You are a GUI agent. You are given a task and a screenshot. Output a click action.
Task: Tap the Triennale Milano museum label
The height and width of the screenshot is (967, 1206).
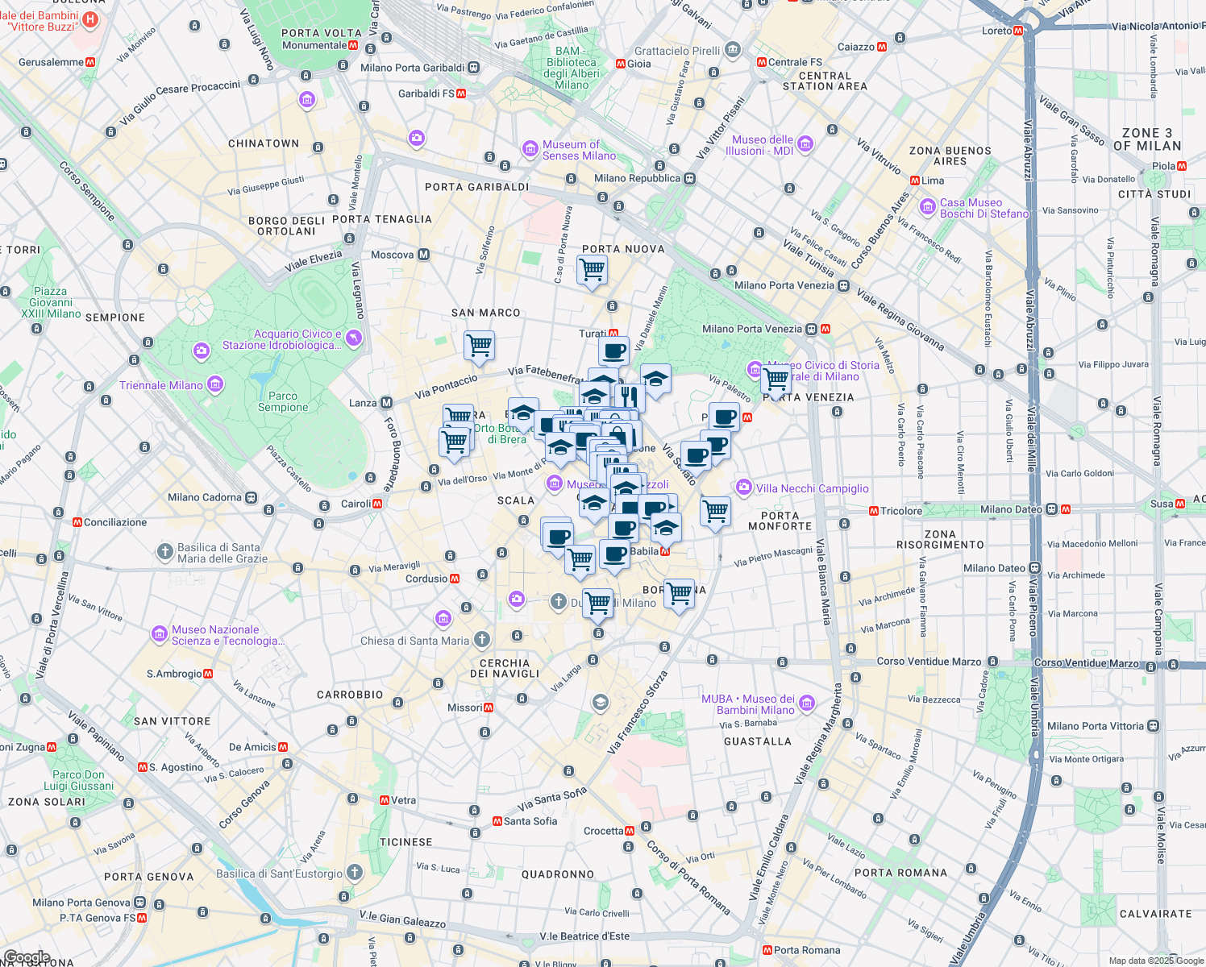161,385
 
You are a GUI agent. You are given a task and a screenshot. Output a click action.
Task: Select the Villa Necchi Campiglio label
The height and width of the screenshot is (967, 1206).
812,488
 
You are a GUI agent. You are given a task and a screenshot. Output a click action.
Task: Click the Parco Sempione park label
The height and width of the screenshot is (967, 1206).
283,401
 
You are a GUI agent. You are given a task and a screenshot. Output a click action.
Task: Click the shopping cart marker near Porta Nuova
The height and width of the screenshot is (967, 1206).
592,269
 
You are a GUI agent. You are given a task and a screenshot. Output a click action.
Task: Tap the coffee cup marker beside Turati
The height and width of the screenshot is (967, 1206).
613,351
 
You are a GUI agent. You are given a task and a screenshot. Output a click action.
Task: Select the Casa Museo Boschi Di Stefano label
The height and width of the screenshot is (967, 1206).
984,208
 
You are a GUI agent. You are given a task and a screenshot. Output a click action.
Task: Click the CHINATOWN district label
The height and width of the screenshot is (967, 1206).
264,143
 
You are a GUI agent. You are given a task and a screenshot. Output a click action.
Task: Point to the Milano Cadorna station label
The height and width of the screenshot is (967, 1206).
205,497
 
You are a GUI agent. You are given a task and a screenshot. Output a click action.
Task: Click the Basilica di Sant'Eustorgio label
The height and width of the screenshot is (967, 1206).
280,874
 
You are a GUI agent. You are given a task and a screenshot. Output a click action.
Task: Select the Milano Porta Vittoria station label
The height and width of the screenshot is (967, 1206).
1095,726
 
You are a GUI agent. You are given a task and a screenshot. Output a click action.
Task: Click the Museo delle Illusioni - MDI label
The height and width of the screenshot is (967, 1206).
762,145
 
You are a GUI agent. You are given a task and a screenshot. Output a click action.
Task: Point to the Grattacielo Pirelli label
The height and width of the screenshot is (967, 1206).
677,51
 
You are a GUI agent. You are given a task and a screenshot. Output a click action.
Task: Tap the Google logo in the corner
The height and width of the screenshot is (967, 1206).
27,957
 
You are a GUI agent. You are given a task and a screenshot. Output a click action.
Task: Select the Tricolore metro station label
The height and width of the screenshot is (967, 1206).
900,511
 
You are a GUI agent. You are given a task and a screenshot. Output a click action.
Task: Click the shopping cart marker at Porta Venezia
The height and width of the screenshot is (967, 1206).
776,380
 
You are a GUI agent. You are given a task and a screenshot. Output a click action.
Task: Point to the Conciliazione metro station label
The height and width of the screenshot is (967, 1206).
114,522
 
